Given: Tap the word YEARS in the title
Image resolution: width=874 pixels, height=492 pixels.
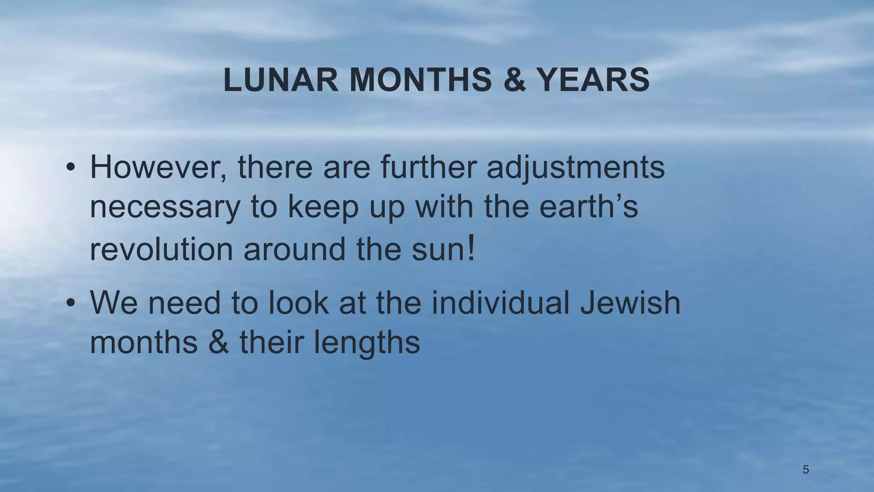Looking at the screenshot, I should (593, 80).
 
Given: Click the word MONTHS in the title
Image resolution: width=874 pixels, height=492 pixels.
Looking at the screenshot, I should (421, 80).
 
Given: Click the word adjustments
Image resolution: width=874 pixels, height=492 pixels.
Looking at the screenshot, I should (575, 167).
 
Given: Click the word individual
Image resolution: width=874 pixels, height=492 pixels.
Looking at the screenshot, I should (500, 303).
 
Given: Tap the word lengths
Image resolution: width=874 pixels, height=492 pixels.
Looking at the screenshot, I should (367, 343).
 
